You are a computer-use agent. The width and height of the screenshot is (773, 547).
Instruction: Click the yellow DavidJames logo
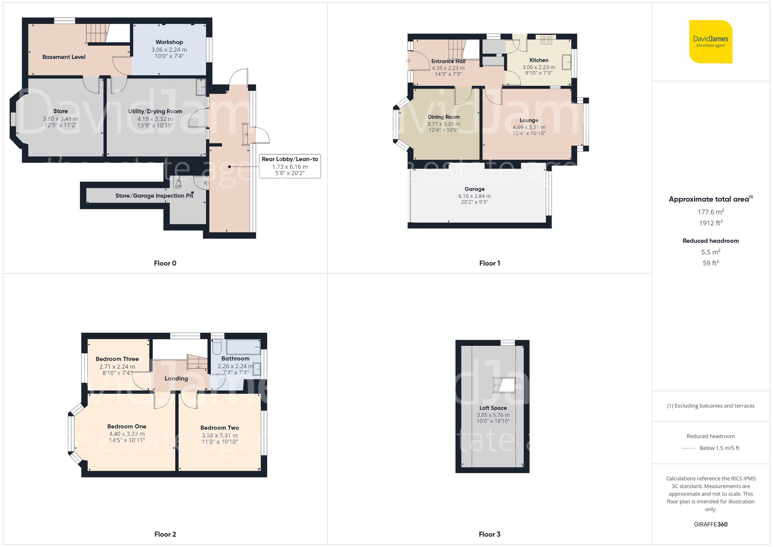tap(710, 42)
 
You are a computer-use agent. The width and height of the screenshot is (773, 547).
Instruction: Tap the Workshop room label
tap(169, 42)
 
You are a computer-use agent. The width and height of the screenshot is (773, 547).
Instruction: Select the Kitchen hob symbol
tap(546, 39)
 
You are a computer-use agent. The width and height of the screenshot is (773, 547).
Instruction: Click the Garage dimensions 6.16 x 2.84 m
tap(475, 196)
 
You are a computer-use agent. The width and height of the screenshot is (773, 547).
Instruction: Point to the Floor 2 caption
tap(165, 534)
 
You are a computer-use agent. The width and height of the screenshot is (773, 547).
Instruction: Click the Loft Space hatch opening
tap(504, 385)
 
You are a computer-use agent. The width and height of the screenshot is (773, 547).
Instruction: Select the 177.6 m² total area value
tap(710, 212)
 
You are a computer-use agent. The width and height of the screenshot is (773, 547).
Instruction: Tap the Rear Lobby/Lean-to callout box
tap(290, 166)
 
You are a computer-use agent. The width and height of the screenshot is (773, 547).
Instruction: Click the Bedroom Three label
tap(117, 359)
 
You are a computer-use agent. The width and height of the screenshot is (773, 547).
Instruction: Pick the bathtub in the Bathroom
tap(243, 347)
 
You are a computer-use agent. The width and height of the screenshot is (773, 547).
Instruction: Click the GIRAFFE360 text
tap(710, 524)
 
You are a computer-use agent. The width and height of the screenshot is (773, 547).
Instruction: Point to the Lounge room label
tap(529, 120)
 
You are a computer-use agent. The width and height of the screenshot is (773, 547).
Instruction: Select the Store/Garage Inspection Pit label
tap(154, 196)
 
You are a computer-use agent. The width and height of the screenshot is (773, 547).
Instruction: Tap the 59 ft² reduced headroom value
tap(710, 263)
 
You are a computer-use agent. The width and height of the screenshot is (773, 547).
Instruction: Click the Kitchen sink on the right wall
tap(567, 62)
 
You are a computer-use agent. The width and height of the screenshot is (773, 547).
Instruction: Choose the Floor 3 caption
tap(489, 534)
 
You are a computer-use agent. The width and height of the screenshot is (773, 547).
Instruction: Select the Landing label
tap(176, 378)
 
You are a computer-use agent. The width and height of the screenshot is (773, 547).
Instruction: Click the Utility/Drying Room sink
tap(201, 87)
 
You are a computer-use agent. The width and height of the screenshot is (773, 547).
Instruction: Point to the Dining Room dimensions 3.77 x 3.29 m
tap(443, 124)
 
